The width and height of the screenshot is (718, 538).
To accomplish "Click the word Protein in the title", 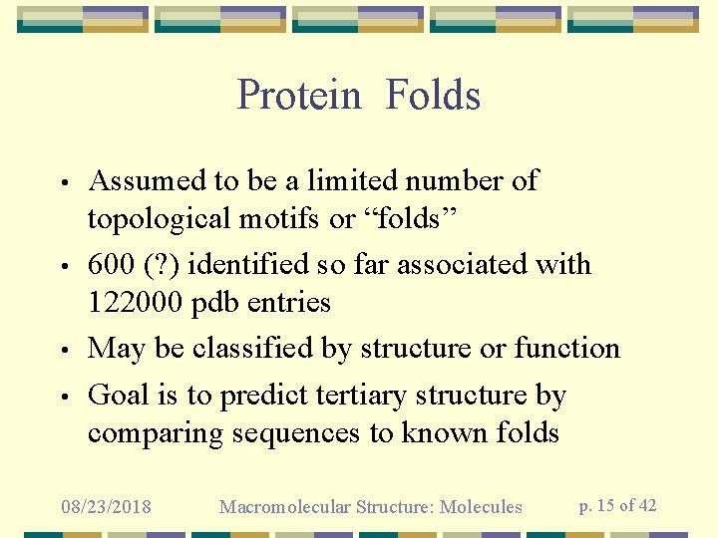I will point(299,96).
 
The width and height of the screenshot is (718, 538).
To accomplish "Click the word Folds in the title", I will point(433,96).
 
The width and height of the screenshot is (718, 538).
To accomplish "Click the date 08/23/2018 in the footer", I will point(106,507).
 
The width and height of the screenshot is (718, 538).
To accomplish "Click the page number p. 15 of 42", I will point(617,505).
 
